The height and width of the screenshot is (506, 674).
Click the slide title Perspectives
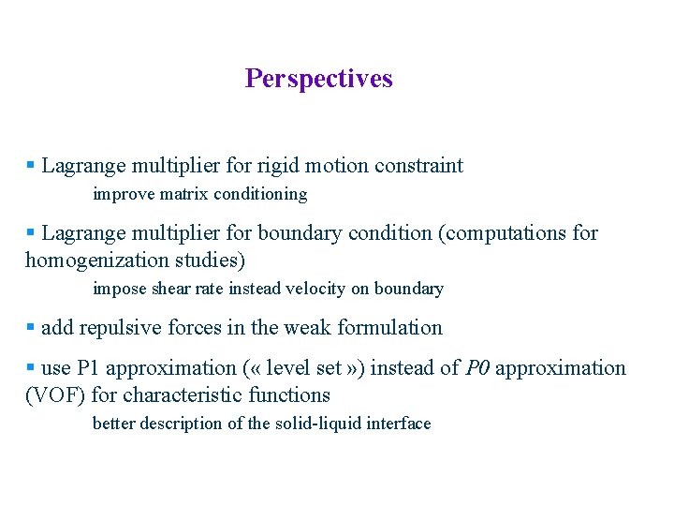318,79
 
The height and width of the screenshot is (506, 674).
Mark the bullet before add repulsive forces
30,328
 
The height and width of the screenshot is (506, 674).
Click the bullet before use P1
30,368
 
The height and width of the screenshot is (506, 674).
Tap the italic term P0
477,367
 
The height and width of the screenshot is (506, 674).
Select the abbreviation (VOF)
55,394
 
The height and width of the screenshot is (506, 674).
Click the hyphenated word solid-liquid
315,424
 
